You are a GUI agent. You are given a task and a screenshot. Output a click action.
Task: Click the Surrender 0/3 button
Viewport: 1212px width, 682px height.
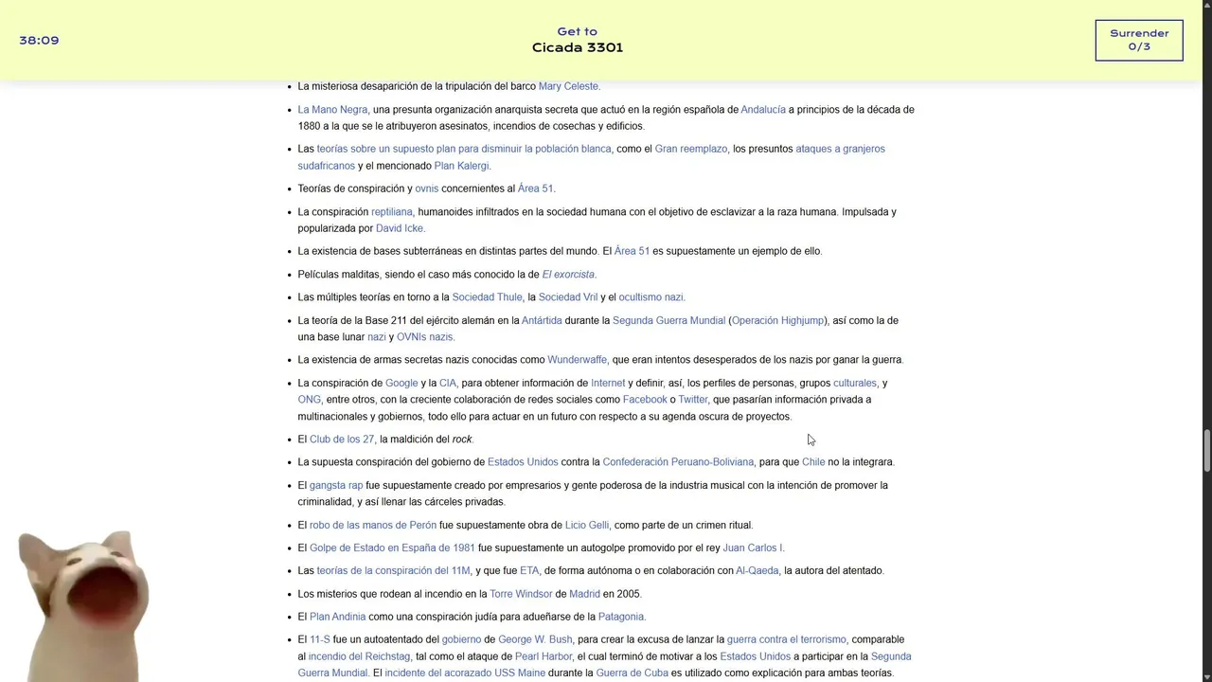coord(1138,40)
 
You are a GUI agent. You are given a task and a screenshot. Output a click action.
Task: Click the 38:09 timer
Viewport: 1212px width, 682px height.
coord(39,41)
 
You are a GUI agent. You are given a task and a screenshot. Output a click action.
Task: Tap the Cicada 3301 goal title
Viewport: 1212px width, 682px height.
coord(577,47)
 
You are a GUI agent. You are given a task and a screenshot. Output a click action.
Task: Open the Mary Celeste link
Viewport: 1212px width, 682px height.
coord(568,86)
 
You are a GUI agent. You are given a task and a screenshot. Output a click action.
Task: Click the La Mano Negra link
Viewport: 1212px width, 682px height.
coord(332,110)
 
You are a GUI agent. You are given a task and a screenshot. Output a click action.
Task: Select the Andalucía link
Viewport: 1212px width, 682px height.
coord(762,110)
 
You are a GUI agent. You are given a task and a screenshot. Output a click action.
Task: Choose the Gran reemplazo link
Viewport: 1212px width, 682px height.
coord(690,149)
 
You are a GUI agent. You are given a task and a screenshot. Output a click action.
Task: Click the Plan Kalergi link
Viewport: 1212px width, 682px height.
coord(461,166)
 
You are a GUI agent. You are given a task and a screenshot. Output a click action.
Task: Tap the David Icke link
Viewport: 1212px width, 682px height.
coord(400,228)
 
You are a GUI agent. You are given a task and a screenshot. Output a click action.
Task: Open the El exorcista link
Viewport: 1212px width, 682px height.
coord(568,275)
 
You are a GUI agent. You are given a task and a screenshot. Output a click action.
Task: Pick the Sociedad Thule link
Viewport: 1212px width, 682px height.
coord(487,297)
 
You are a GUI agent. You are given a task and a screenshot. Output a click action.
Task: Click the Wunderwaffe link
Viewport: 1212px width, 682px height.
coord(577,360)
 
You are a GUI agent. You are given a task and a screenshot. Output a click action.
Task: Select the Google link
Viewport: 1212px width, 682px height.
coord(401,384)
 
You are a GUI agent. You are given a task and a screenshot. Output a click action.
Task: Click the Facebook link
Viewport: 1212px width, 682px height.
coord(645,400)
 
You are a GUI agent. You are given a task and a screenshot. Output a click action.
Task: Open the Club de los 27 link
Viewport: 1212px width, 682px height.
coord(341,440)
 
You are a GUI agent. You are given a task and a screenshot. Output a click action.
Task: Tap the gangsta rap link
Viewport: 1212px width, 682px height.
coord(335,486)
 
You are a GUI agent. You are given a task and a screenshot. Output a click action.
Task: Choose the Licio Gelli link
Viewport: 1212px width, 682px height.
coord(586,526)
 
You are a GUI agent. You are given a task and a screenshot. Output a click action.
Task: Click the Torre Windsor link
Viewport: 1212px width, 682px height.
coord(520,595)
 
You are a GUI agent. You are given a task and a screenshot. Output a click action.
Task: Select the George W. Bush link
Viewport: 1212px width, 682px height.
coord(535,640)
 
